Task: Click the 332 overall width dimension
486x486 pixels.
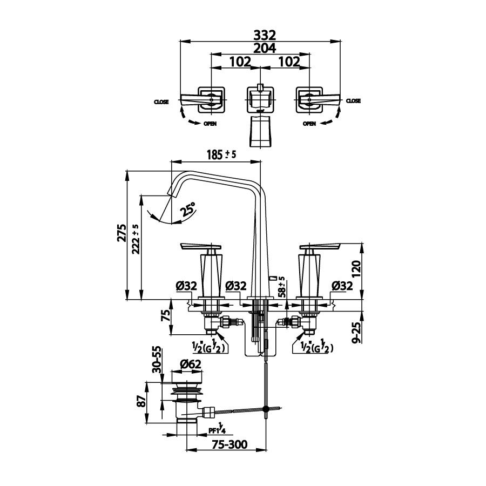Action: coord(261,35)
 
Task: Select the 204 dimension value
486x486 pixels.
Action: coord(261,48)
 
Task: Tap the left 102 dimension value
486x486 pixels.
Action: coord(236,62)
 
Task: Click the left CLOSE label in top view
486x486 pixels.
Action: coord(161,102)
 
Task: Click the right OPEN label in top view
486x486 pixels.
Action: coord(309,123)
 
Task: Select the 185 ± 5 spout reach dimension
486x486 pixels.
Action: coord(221,154)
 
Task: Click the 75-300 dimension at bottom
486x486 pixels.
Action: coord(230,445)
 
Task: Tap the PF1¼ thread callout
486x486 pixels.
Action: coord(217,431)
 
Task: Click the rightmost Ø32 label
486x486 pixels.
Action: coord(342,286)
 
